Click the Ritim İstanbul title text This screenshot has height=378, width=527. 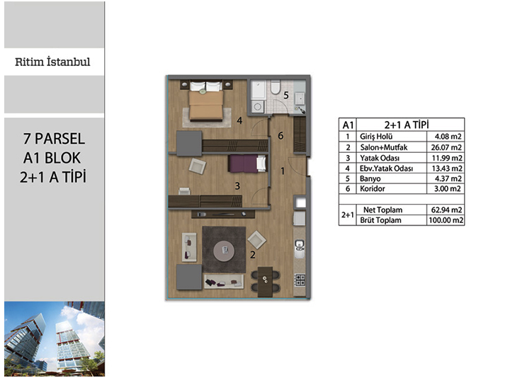click(x=52, y=62)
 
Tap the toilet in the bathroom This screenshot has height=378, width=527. click(x=276, y=87)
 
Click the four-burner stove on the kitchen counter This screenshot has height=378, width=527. click(x=300, y=280)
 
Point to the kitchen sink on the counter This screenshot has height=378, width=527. click(x=300, y=248)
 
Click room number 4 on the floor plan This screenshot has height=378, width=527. click(x=239, y=120)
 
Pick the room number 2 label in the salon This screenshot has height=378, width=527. click(x=253, y=255)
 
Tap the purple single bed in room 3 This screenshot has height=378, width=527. click(x=247, y=164)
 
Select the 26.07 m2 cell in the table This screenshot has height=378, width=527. click(x=446, y=147)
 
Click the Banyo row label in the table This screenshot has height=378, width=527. click(x=370, y=178)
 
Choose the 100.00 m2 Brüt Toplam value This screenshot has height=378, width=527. click(x=446, y=220)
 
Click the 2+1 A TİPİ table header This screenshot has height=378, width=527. click(x=407, y=125)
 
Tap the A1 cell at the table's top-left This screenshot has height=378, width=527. click(x=348, y=125)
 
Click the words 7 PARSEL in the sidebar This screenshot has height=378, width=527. click(x=54, y=139)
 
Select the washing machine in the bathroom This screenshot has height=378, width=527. click(x=257, y=106)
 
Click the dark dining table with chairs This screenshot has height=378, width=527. click(x=265, y=282)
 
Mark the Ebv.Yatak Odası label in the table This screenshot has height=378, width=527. click(x=386, y=168)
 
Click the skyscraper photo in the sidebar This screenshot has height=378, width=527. click(x=55, y=338)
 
